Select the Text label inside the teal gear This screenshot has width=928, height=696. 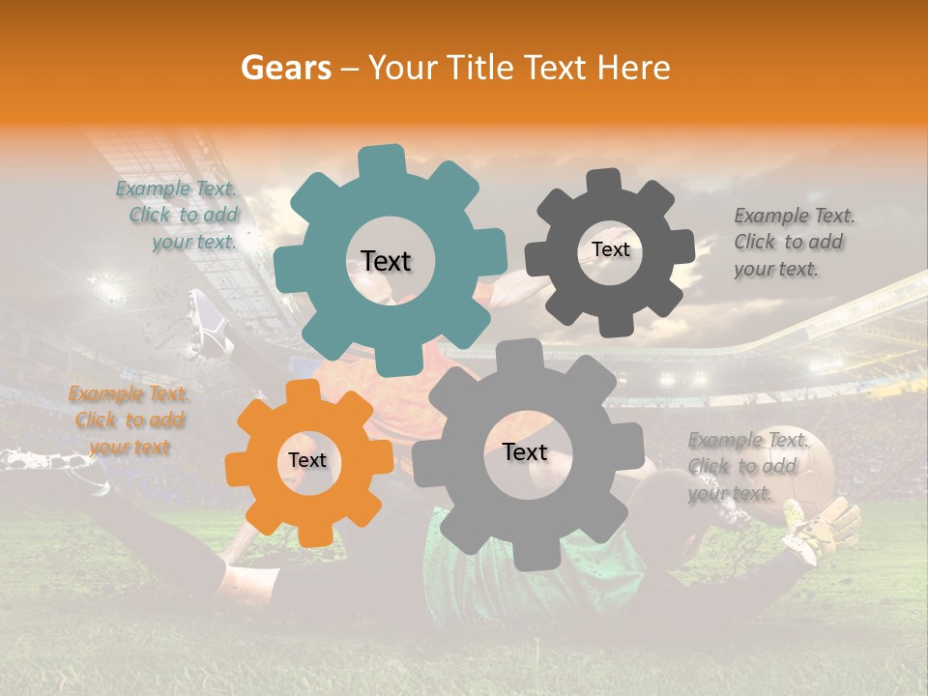click(x=386, y=261)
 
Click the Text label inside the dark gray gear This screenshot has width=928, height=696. click(x=610, y=249)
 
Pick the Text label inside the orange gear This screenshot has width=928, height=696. click(x=307, y=461)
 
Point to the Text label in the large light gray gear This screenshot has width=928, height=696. click(x=525, y=452)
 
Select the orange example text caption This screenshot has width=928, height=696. click(x=130, y=420)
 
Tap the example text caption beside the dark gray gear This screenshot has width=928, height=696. click(x=794, y=242)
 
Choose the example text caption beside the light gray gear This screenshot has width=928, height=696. click(x=747, y=466)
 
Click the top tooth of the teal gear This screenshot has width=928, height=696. click(x=382, y=160)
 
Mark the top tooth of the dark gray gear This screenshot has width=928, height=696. click(x=605, y=181)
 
